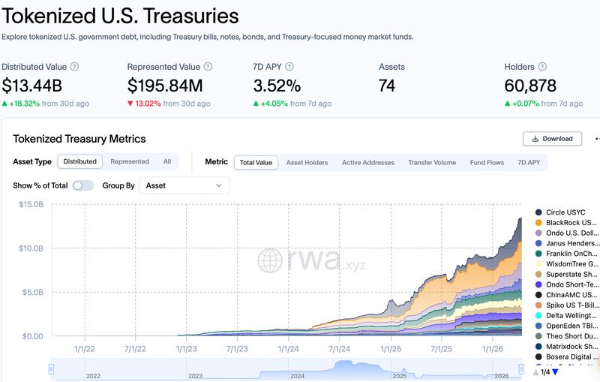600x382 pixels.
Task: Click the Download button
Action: tap(553, 139)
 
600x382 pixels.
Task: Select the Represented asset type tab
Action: tap(130, 161)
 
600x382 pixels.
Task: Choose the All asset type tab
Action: tap(167, 161)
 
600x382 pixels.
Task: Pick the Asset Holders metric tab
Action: tap(307, 162)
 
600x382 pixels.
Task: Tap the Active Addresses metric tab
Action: tap(367, 162)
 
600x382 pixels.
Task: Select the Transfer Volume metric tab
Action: tap(432, 162)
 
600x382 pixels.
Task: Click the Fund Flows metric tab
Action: tap(487, 162)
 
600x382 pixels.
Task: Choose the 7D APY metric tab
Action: tap(529, 162)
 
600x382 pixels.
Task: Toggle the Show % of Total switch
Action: tap(83, 185)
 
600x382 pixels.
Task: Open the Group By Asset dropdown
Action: tap(184, 185)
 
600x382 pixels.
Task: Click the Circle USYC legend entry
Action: tap(565, 212)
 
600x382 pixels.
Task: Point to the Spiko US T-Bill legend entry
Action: tap(571, 305)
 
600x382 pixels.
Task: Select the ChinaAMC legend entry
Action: tap(571, 295)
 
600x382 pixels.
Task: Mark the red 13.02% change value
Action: tap(148, 104)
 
